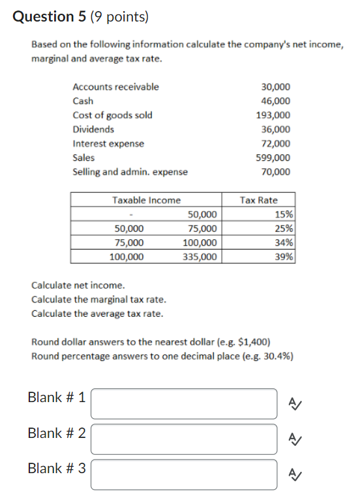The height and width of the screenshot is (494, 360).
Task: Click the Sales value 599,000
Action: (275, 158)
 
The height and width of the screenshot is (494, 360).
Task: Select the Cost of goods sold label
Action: (112, 115)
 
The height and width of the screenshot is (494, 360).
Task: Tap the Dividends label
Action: (93, 129)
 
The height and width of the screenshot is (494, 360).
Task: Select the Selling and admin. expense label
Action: (130, 172)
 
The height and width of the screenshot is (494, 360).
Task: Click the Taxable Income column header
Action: (146, 200)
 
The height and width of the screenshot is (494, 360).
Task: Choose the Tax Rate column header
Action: (258, 200)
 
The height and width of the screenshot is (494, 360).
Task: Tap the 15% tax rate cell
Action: (284, 214)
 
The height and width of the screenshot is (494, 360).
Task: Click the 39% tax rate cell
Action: (284, 257)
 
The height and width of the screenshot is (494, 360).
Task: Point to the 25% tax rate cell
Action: (284, 229)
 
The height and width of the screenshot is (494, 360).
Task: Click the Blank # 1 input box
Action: (184, 403)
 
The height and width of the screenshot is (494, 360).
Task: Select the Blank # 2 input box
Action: (184, 439)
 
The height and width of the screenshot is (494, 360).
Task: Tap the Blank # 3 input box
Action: (184, 474)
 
